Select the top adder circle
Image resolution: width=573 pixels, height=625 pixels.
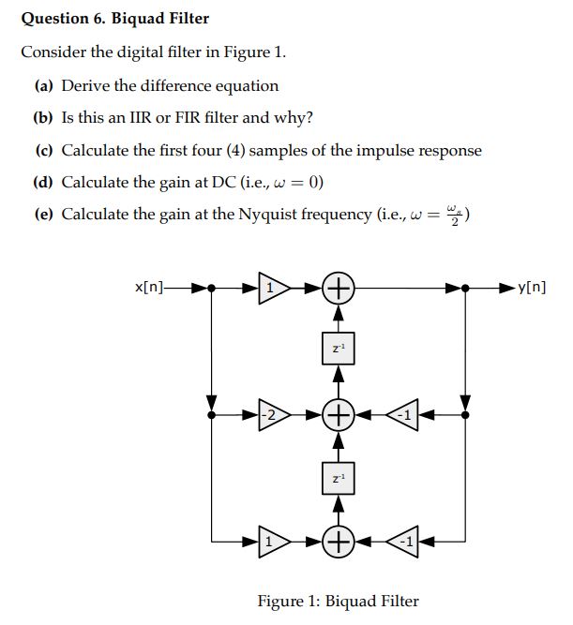click(x=338, y=288)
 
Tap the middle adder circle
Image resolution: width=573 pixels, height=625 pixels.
click(x=338, y=413)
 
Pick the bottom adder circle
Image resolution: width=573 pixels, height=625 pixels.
click(x=338, y=540)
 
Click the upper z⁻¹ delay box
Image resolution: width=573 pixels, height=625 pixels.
click(x=338, y=349)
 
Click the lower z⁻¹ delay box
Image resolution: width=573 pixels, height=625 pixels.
click(x=338, y=477)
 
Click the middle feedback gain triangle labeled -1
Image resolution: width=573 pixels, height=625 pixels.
click(x=403, y=413)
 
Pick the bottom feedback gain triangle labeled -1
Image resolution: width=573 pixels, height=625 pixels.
click(x=403, y=540)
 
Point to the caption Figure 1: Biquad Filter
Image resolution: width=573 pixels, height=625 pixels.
click(x=338, y=601)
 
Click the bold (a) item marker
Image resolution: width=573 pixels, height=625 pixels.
click(x=44, y=85)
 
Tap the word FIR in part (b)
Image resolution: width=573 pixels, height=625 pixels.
click(x=178, y=117)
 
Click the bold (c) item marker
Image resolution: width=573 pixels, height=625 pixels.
click(x=44, y=150)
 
